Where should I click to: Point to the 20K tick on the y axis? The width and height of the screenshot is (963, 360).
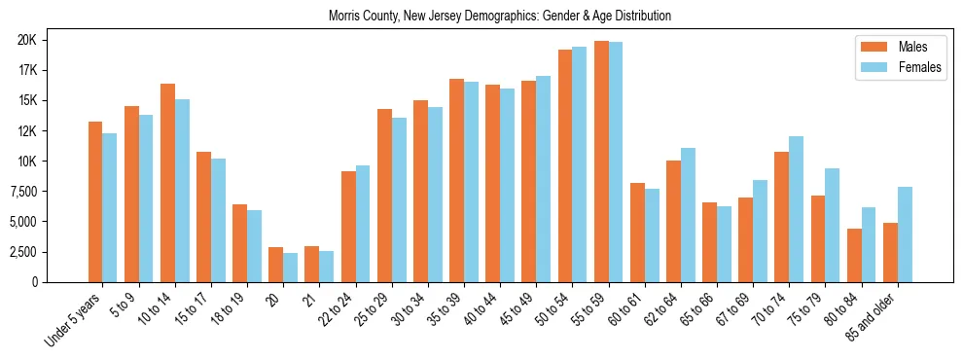53,40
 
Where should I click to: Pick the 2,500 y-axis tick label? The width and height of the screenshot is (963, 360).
46,251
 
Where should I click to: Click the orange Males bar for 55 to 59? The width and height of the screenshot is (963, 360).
601,162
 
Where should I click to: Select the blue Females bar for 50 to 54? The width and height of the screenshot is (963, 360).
579,164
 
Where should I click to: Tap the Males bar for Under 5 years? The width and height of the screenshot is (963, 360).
95,201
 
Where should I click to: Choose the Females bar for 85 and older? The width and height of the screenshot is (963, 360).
905,234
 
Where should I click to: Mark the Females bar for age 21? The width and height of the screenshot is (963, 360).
326,267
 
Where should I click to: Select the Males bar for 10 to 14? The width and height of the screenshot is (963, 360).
167,183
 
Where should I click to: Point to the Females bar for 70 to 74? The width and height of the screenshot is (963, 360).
797,209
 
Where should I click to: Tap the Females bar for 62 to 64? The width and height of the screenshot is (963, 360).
689,215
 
